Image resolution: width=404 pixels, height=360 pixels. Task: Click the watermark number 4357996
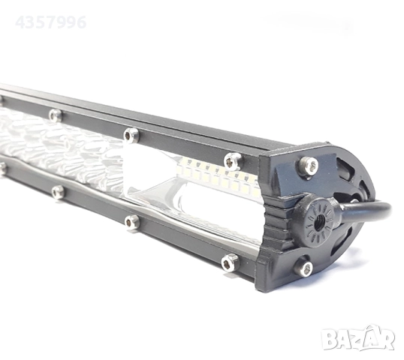tap(51, 22)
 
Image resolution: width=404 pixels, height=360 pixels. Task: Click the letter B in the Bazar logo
tap(330, 340)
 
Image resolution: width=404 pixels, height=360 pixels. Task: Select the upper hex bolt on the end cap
tap(308, 166)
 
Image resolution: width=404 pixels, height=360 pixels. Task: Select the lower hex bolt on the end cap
tap(304, 267)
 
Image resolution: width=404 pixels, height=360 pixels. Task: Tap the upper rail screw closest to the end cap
tap(233, 160)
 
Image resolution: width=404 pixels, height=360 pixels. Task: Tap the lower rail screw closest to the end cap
tap(229, 261)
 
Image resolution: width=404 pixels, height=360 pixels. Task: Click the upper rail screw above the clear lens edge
tap(131, 135)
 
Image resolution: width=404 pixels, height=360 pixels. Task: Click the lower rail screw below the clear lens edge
tap(132, 222)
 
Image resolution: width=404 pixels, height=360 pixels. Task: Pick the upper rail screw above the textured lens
tap(55, 115)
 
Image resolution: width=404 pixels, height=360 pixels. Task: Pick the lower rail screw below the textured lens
tap(58, 192)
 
